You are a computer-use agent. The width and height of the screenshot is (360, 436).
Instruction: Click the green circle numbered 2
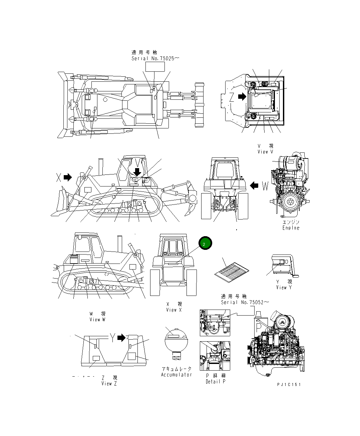click(x=205, y=244)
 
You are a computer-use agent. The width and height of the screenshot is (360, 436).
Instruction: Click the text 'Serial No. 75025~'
click(x=155, y=58)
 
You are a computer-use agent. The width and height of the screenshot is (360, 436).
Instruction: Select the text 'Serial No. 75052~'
click(x=245, y=302)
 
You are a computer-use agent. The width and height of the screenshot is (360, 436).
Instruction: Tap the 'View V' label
click(x=265, y=152)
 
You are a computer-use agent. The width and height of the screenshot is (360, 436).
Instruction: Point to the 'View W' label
click(x=97, y=320)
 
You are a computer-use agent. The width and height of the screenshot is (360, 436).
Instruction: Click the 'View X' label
click(x=174, y=310)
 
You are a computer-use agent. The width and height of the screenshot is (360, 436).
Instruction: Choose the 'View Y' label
click(x=284, y=288)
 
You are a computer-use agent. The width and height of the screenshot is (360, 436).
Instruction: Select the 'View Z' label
click(x=109, y=384)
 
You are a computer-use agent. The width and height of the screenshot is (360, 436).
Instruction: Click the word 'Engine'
click(x=291, y=228)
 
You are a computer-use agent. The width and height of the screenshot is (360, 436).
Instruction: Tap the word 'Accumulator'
click(x=176, y=375)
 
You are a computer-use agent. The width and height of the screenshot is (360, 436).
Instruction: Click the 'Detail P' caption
click(x=215, y=381)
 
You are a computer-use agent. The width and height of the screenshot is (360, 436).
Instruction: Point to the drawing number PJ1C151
click(x=289, y=384)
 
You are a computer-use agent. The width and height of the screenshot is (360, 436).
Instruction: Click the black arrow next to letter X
click(x=68, y=177)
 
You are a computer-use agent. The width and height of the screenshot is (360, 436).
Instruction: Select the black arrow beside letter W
click(x=254, y=185)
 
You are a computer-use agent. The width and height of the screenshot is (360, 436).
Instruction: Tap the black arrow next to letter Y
click(x=121, y=338)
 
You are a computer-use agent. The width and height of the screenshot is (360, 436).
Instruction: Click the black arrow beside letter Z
click(x=242, y=97)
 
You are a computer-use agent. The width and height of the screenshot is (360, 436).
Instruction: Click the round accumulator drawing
click(x=176, y=342)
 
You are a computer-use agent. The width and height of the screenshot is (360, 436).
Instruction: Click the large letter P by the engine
click(x=259, y=326)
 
